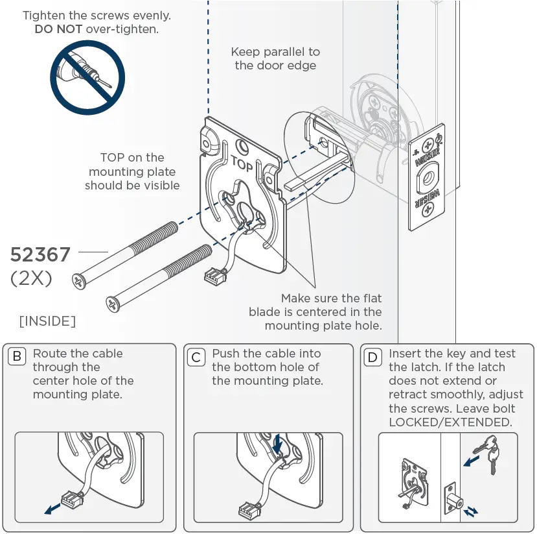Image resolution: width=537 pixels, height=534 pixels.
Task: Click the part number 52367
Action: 40,255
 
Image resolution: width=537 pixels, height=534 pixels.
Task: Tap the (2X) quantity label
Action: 31,278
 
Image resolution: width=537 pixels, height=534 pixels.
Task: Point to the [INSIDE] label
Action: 47,321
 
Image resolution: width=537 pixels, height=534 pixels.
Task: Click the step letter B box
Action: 17,356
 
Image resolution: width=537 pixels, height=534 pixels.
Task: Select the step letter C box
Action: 196,356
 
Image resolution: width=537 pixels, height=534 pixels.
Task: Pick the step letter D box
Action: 372,356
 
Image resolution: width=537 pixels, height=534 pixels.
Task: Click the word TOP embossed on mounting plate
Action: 241,163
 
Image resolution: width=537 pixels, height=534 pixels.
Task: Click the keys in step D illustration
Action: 487,452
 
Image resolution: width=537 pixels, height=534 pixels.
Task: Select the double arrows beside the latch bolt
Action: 472,511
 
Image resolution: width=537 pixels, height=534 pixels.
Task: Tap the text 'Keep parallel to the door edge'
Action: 275,58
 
